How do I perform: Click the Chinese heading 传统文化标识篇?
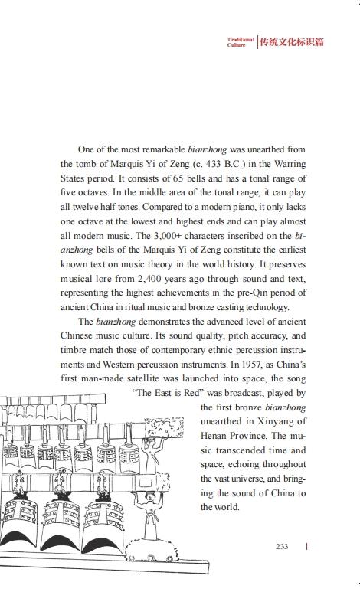point(292,42)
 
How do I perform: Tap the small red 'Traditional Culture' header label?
point(240,42)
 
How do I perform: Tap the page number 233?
point(281,546)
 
